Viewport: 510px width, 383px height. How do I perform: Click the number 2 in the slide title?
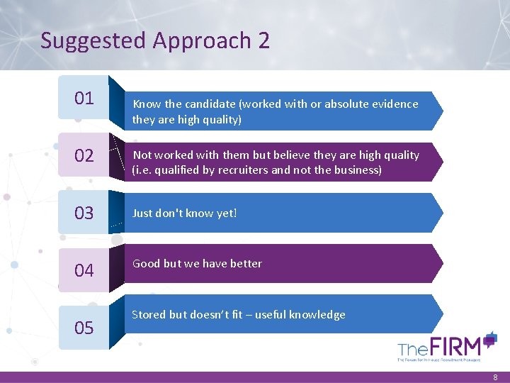[263, 40]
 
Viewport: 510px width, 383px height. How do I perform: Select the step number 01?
[84, 98]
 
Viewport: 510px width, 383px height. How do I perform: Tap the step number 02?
[84, 155]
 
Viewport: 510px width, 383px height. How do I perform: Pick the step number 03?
[84, 213]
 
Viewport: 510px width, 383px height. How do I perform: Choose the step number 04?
[84, 270]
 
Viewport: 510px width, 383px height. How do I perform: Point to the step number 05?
[84, 328]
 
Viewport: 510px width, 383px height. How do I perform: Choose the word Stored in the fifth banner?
[149, 315]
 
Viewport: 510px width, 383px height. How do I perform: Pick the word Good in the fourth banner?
[146, 264]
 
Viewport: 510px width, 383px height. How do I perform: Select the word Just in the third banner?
[142, 213]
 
